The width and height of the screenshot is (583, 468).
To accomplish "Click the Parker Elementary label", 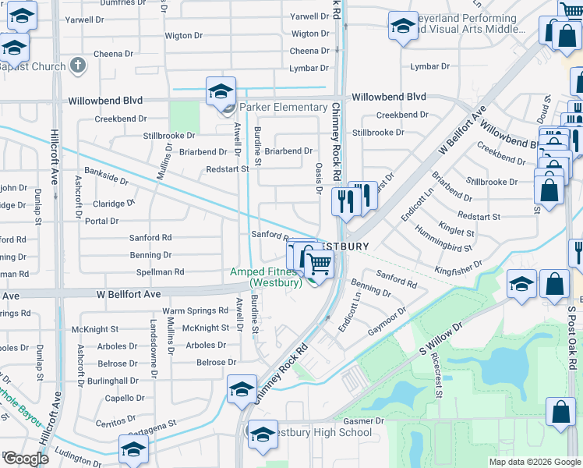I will point(283,107).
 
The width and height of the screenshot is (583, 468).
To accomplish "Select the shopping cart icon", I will point(318,265).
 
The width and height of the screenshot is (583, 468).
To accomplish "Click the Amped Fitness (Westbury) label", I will point(266,277).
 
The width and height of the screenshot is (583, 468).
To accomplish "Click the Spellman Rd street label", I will point(160,272).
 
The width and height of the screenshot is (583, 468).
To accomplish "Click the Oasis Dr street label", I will point(319,175).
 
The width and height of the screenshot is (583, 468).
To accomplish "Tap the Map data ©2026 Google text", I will point(534,462).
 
